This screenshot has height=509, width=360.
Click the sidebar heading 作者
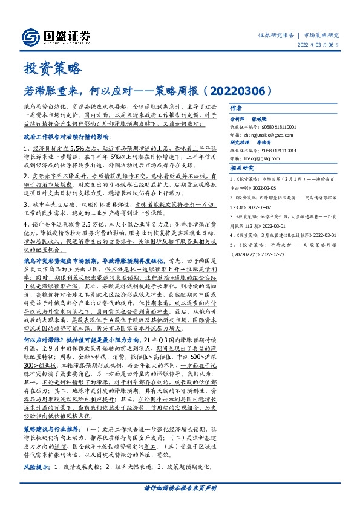[236, 108]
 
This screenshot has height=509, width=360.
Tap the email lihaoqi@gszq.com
[260, 158]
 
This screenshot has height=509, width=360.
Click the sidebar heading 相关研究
[241, 168]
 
